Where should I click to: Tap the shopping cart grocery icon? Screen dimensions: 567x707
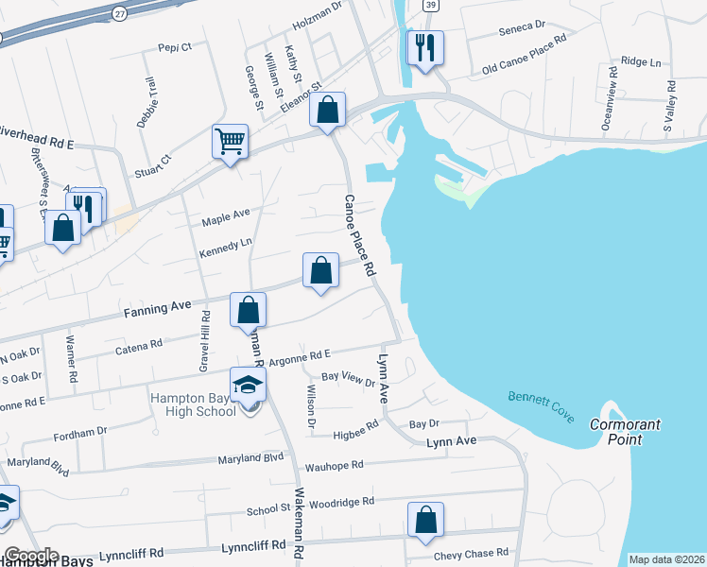230,143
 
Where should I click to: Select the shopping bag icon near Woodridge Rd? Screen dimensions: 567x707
425,520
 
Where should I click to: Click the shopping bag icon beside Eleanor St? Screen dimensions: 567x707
327,110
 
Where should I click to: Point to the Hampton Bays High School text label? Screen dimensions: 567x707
193,404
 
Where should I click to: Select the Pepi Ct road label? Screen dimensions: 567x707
175,45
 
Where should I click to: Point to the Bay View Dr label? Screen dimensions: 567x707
348,378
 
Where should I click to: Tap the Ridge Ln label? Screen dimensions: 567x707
641,62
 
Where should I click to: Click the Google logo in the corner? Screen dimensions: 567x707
30,556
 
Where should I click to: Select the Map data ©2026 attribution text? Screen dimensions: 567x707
665,559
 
